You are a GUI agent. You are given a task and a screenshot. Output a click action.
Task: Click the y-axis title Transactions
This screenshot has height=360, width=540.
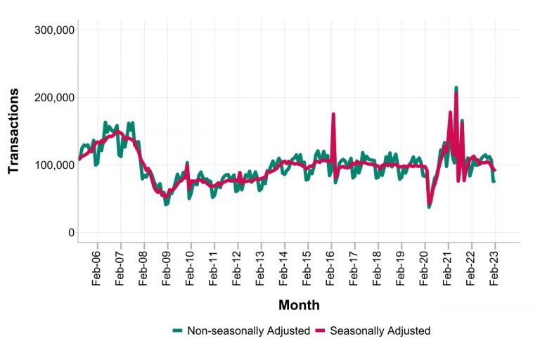(13, 131)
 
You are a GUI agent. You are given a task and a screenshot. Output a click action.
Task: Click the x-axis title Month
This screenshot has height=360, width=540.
(299, 305)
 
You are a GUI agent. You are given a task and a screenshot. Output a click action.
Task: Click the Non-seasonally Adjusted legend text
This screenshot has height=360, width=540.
(248, 330)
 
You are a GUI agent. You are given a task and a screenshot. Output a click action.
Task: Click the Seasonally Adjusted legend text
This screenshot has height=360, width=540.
(380, 330)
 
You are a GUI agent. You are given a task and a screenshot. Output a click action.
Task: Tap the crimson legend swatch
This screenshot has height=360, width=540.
(321, 330)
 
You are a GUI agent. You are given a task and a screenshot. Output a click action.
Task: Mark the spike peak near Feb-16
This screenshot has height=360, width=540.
(333, 113)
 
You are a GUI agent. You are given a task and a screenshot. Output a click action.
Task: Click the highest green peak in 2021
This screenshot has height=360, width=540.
(456, 88)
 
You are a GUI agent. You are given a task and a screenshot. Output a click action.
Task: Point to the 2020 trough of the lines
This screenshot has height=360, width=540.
(429, 205)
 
